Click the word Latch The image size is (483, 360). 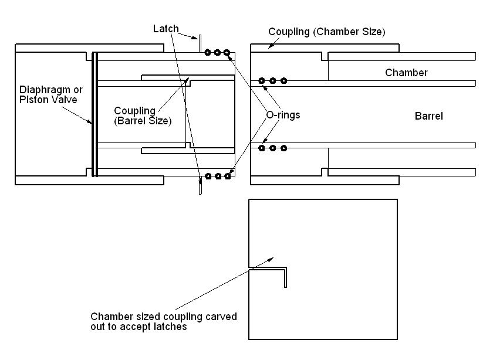[165, 29]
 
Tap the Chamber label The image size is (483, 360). [406, 73]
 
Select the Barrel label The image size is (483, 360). [428, 116]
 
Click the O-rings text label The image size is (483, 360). [283, 115]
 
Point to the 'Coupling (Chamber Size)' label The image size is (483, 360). [326, 31]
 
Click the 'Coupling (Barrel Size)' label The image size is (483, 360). [142, 116]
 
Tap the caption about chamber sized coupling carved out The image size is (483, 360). [163, 321]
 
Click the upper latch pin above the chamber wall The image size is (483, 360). [200, 43]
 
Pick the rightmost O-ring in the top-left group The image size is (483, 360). [227, 52]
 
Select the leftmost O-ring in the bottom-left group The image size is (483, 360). [208, 175]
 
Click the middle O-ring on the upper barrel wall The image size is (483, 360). [273, 80]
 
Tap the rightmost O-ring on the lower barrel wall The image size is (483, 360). [283, 148]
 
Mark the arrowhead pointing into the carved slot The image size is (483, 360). [271, 258]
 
